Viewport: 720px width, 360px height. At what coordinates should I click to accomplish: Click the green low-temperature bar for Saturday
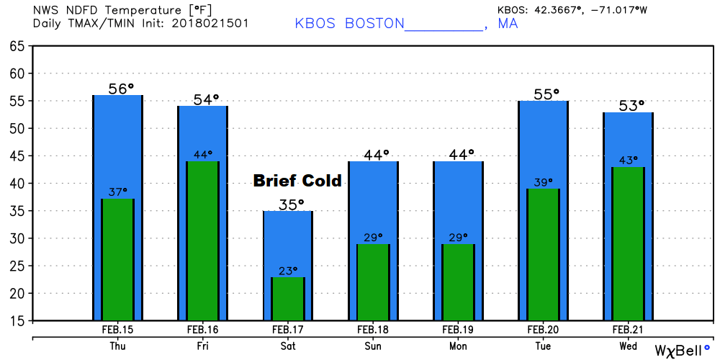point(288,299)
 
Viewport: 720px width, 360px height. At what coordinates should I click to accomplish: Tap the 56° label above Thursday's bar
point(121,89)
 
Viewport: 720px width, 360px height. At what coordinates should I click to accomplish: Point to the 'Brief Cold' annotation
point(297,181)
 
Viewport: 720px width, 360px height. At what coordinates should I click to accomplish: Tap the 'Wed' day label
point(628,346)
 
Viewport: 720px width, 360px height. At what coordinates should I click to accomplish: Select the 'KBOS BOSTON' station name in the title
point(350,23)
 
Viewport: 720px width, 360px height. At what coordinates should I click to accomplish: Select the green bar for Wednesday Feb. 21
point(628,245)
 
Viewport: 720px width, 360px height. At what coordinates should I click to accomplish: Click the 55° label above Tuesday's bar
point(546,94)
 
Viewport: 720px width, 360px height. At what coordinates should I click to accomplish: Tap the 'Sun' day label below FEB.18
point(373,346)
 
